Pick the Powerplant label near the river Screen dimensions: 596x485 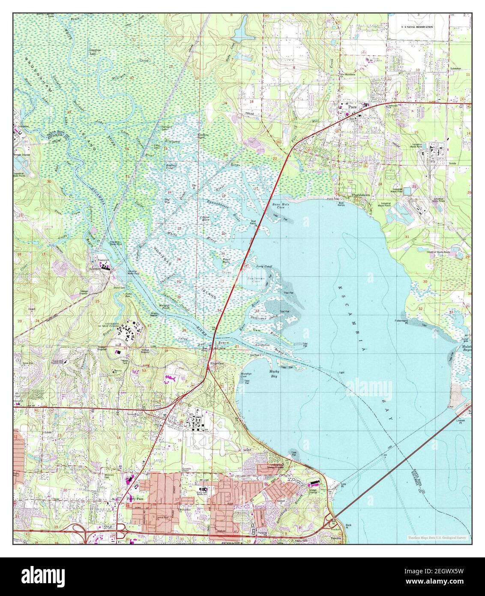102,260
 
